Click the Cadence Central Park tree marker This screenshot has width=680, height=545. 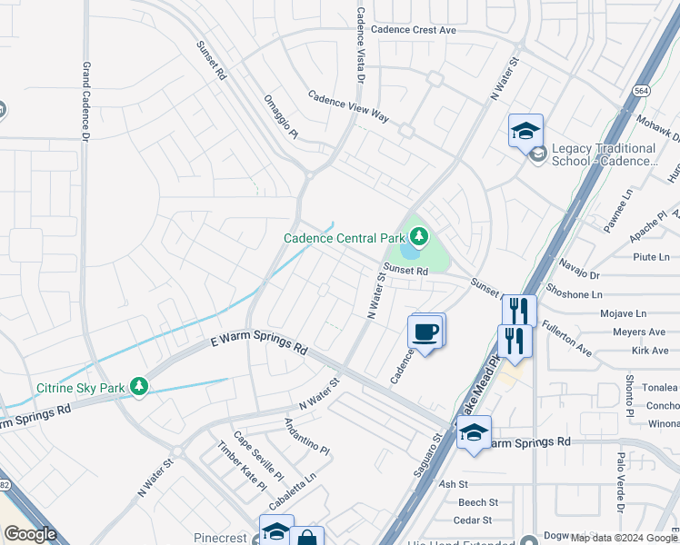point(418,238)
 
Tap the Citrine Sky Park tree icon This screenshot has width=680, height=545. point(138,388)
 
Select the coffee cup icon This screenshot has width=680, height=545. point(425,331)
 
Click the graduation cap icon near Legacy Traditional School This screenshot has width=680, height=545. point(525,132)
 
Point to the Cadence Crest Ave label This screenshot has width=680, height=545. point(418,30)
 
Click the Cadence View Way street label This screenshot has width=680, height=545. point(347,106)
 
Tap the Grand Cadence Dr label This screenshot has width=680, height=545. point(85,101)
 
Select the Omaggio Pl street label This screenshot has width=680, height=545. point(280,116)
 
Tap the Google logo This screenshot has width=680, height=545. point(31,535)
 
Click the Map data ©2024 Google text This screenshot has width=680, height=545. point(624,538)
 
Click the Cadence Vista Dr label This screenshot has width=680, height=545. point(360,46)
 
